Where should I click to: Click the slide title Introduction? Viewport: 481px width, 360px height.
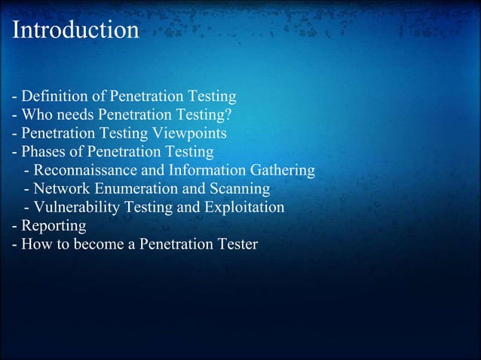coord(76,30)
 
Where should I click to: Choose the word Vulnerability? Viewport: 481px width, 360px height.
coord(75,207)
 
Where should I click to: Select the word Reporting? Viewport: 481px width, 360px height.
coord(54,225)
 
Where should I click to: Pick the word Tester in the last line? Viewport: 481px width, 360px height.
coord(236,244)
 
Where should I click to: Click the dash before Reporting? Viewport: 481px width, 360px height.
coord(15,225)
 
